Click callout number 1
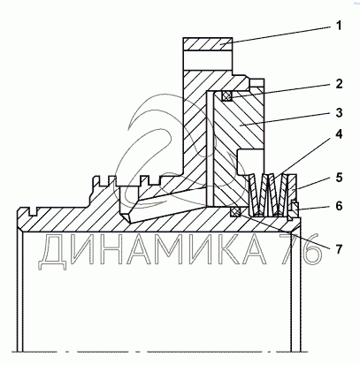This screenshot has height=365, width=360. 339,26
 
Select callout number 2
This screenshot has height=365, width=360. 339,84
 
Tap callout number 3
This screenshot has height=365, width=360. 339,112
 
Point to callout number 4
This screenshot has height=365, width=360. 339,134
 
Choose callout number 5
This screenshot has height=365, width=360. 339,178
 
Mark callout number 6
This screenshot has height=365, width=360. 339,206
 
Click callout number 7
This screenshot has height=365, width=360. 339,249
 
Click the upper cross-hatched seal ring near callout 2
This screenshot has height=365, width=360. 226,96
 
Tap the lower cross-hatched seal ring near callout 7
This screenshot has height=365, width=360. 236,212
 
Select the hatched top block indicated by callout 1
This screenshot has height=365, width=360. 208,44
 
